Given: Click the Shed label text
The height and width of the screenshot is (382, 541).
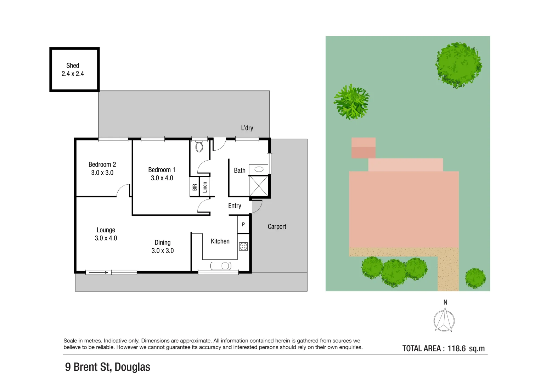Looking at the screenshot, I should [x=73, y=66].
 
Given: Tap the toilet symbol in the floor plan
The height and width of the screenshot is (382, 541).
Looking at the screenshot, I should [x=199, y=146].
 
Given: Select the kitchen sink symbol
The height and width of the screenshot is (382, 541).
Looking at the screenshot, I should [x=221, y=266].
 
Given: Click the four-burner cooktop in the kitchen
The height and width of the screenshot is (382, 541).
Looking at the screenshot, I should [x=243, y=246].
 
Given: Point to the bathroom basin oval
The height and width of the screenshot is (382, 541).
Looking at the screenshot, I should [x=259, y=169].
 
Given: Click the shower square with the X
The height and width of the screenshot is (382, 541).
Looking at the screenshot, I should [x=259, y=186].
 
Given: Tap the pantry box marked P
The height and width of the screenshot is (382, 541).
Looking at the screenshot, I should [x=243, y=225].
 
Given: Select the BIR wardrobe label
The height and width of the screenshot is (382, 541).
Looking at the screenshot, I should [x=195, y=187].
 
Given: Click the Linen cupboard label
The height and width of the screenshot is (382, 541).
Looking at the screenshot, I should [x=205, y=187].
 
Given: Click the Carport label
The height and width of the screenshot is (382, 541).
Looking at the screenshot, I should [x=277, y=227].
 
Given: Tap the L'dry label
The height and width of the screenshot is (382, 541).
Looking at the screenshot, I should [x=247, y=128].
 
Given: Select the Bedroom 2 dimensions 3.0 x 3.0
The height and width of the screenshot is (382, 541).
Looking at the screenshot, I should [x=102, y=173].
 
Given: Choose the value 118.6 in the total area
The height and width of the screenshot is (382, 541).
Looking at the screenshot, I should [x=456, y=348].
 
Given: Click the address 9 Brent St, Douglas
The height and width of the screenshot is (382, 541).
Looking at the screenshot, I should [x=108, y=367].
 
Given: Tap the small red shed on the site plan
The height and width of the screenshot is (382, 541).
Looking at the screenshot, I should [x=363, y=148].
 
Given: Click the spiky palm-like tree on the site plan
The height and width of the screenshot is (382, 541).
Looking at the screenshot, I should [x=351, y=102].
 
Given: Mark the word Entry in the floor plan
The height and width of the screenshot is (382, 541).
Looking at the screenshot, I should [x=235, y=206].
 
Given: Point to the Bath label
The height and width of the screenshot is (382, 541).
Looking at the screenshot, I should [x=239, y=170].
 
